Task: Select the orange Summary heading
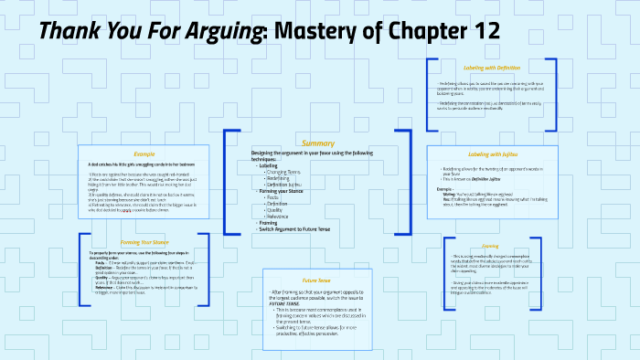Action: [318, 143]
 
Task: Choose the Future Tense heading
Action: [316, 280]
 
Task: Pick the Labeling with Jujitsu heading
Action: [492, 154]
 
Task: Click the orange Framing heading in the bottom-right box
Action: [491, 246]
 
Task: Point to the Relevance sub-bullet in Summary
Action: [280, 215]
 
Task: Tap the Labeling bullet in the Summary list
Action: [269, 165]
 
